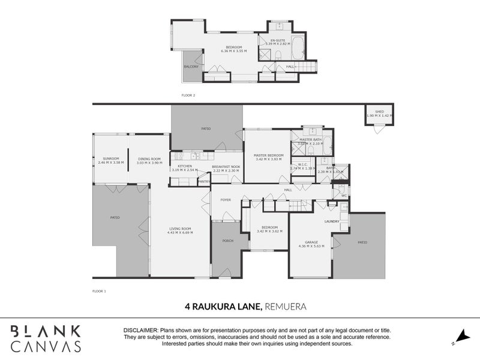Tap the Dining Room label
(x=149, y=158)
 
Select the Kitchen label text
(x=185, y=166)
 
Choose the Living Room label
(x=180, y=229)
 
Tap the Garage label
(x=311, y=242)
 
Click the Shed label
(x=379, y=112)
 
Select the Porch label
(x=227, y=241)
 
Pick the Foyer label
(x=226, y=200)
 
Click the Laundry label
(x=332, y=221)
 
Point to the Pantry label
(x=203, y=181)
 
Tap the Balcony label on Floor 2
(x=191, y=67)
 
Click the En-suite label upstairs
(x=277, y=40)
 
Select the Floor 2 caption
(x=188, y=95)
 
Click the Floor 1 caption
(x=99, y=290)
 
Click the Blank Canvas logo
(x=46, y=338)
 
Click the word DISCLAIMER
(x=140, y=331)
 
